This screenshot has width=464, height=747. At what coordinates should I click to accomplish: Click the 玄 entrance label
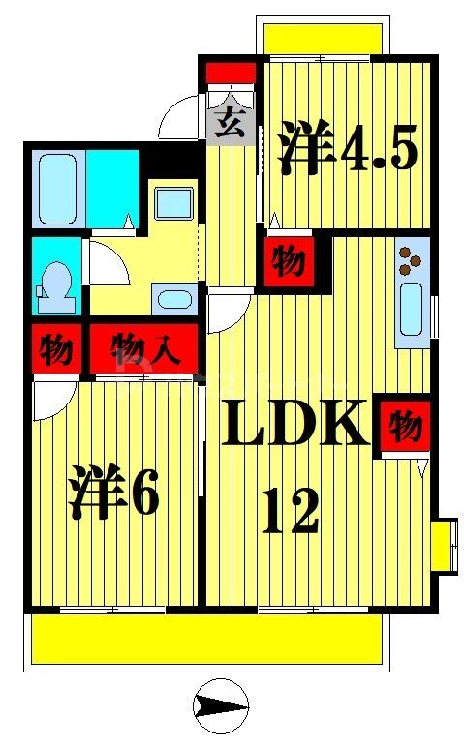[x=229, y=126]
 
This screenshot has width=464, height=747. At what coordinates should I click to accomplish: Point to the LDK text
[x=295, y=424]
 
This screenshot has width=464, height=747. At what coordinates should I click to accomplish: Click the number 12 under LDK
[x=290, y=512]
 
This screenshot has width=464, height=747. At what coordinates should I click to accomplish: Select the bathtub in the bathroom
[x=59, y=187]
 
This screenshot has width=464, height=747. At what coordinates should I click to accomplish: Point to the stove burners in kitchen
[x=411, y=259]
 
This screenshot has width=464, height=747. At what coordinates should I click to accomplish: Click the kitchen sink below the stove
[x=412, y=309]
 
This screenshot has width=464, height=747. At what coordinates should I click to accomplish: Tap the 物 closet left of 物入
[x=56, y=349]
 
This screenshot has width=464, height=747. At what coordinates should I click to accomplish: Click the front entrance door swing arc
[x=181, y=118]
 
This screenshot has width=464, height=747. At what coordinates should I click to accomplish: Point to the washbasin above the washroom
[x=174, y=203]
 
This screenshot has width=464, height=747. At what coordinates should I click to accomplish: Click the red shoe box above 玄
[x=232, y=73]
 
